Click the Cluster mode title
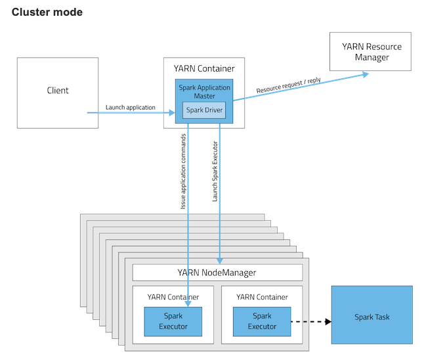47,12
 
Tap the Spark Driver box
204,110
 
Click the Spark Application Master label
204,91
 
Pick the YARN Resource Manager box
371,52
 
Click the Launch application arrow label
131,107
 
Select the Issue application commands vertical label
184,172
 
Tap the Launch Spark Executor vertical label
215,171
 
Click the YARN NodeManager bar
217,273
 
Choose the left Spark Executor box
173,321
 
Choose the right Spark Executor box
262,321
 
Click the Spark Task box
371,317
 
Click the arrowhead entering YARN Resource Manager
364,75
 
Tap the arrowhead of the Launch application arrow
171,113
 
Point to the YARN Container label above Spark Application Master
204,68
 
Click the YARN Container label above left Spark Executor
173,297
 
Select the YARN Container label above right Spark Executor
262,297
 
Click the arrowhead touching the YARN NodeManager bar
219,261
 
